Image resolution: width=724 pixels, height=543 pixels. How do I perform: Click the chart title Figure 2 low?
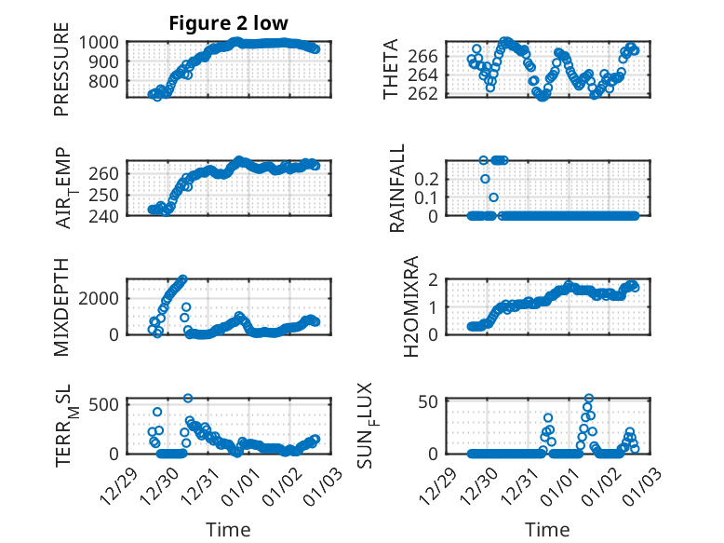click(x=228, y=23)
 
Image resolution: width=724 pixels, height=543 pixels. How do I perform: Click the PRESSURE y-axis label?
click(x=62, y=75)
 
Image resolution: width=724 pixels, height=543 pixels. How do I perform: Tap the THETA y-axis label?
click(x=392, y=69)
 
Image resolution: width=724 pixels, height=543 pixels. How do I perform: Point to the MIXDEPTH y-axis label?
click(x=62, y=306)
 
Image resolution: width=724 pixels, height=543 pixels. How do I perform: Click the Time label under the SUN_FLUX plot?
click(x=547, y=530)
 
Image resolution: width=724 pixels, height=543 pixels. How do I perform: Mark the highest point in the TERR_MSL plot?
click(x=188, y=399)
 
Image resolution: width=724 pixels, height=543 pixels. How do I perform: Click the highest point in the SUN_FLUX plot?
click(x=589, y=399)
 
